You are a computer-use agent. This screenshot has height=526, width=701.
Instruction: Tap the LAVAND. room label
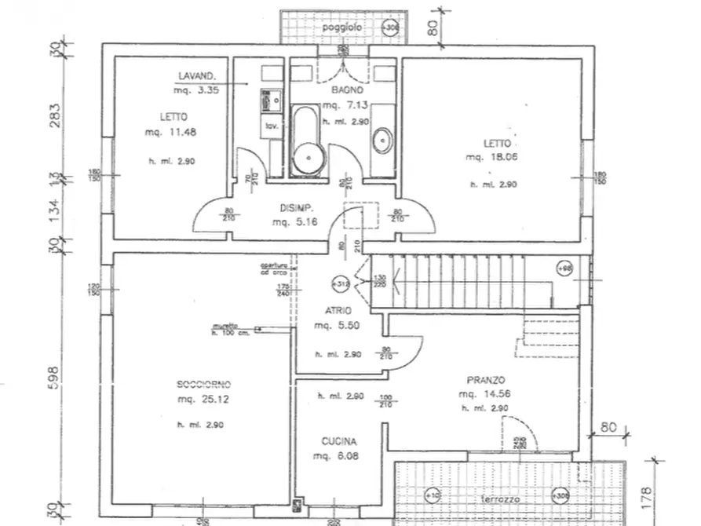pyautogui.click(x=196, y=76)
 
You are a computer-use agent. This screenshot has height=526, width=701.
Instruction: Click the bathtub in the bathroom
pyautogui.click(x=307, y=141)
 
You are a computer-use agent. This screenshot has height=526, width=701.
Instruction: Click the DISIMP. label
pyautogui.click(x=298, y=208)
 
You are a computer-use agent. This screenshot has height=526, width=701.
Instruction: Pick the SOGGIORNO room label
pyautogui.click(x=203, y=384)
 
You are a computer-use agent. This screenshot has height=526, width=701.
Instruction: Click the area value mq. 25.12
pyautogui.click(x=203, y=399)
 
